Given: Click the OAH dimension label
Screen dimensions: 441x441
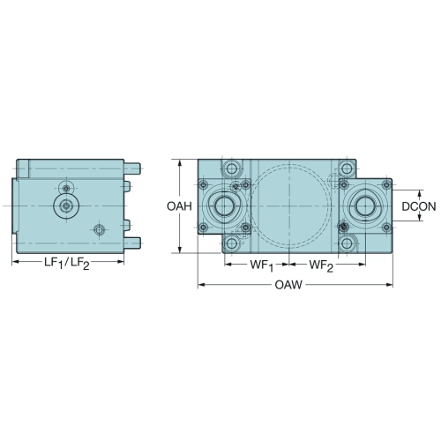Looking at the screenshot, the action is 179,206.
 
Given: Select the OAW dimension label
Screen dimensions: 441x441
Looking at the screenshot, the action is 288,285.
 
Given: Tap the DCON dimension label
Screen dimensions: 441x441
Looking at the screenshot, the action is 419,206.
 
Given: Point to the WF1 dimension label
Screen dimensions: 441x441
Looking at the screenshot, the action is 262,265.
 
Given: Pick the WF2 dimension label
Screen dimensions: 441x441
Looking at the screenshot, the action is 321,265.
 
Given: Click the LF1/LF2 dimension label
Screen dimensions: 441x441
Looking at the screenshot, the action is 67,263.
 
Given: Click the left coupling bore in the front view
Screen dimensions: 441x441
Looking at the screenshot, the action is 224,206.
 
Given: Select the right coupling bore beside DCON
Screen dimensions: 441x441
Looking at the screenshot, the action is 365,206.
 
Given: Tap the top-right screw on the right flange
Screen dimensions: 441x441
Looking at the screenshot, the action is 386,185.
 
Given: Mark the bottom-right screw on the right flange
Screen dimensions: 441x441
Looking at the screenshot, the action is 386,227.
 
